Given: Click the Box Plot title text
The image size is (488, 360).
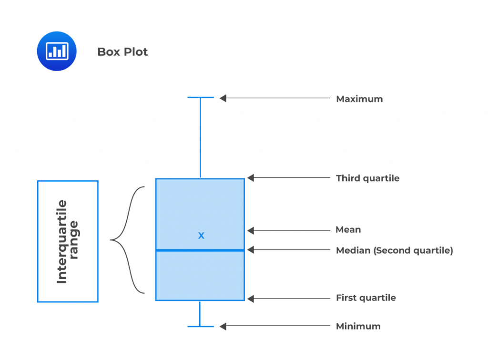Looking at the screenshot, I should click(122, 51).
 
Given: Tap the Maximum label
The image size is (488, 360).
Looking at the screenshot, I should click(359, 99).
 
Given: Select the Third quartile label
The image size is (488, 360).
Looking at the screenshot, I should click(367, 178).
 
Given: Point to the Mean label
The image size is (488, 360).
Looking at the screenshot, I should click(348, 230).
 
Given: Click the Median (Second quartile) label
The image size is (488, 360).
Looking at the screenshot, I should click(394, 250).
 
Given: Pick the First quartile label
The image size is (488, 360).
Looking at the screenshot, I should click(366, 298).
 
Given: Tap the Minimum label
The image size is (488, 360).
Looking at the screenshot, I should click(358, 327).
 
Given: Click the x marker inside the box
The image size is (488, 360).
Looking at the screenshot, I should click(201, 235).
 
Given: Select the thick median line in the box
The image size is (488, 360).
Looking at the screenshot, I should click(200, 250).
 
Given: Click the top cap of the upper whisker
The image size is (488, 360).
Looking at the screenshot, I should click(200, 98).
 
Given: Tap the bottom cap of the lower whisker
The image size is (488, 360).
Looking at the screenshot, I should click(200, 327).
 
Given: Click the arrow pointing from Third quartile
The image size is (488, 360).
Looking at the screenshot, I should click(288, 178).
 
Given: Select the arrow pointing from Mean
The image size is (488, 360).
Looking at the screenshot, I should click(288, 231).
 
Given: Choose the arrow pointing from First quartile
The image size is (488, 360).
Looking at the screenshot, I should click(288, 299).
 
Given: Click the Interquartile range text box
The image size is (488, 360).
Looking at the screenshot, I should click(68, 241).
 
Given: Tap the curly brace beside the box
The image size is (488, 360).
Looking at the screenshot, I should click(128, 240).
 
